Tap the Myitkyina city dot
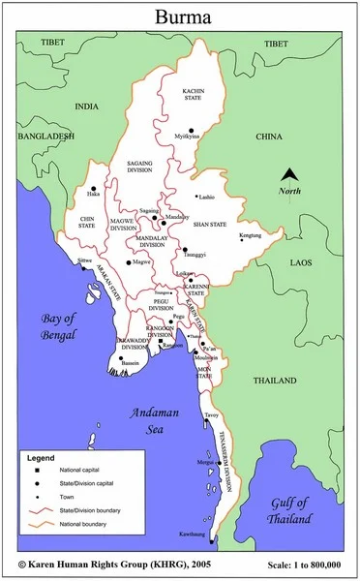click(x=192, y=130)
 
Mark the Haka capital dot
click(x=93, y=189)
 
